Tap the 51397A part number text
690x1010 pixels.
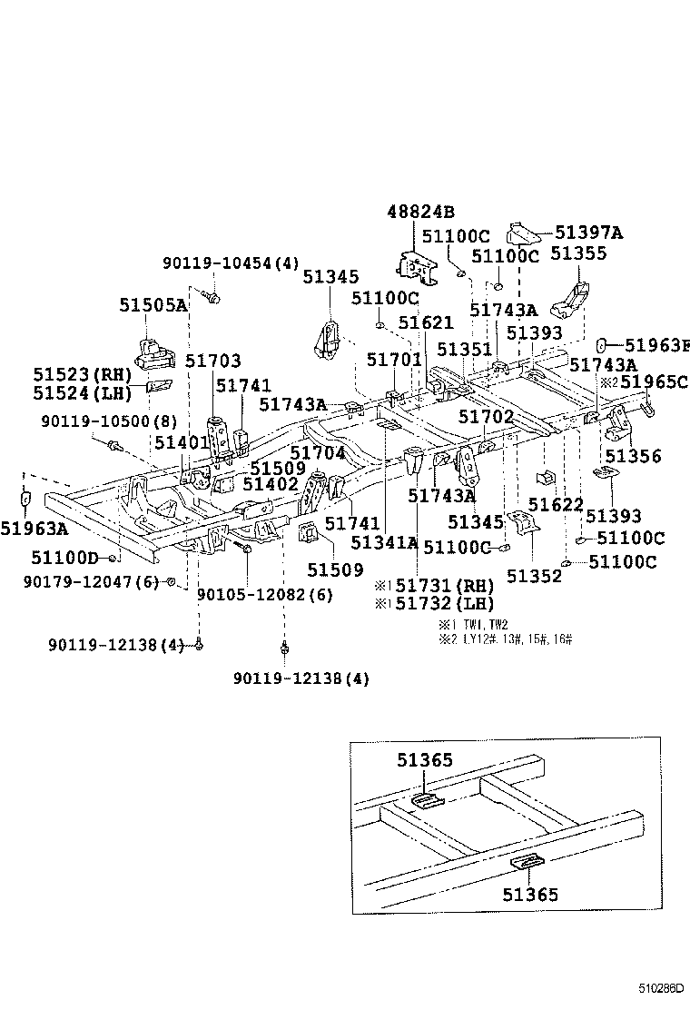coord(588,233)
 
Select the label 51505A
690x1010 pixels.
coord(153,305)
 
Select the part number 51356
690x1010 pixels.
coord(634,456)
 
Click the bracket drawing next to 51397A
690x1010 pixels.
coord(524,233)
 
